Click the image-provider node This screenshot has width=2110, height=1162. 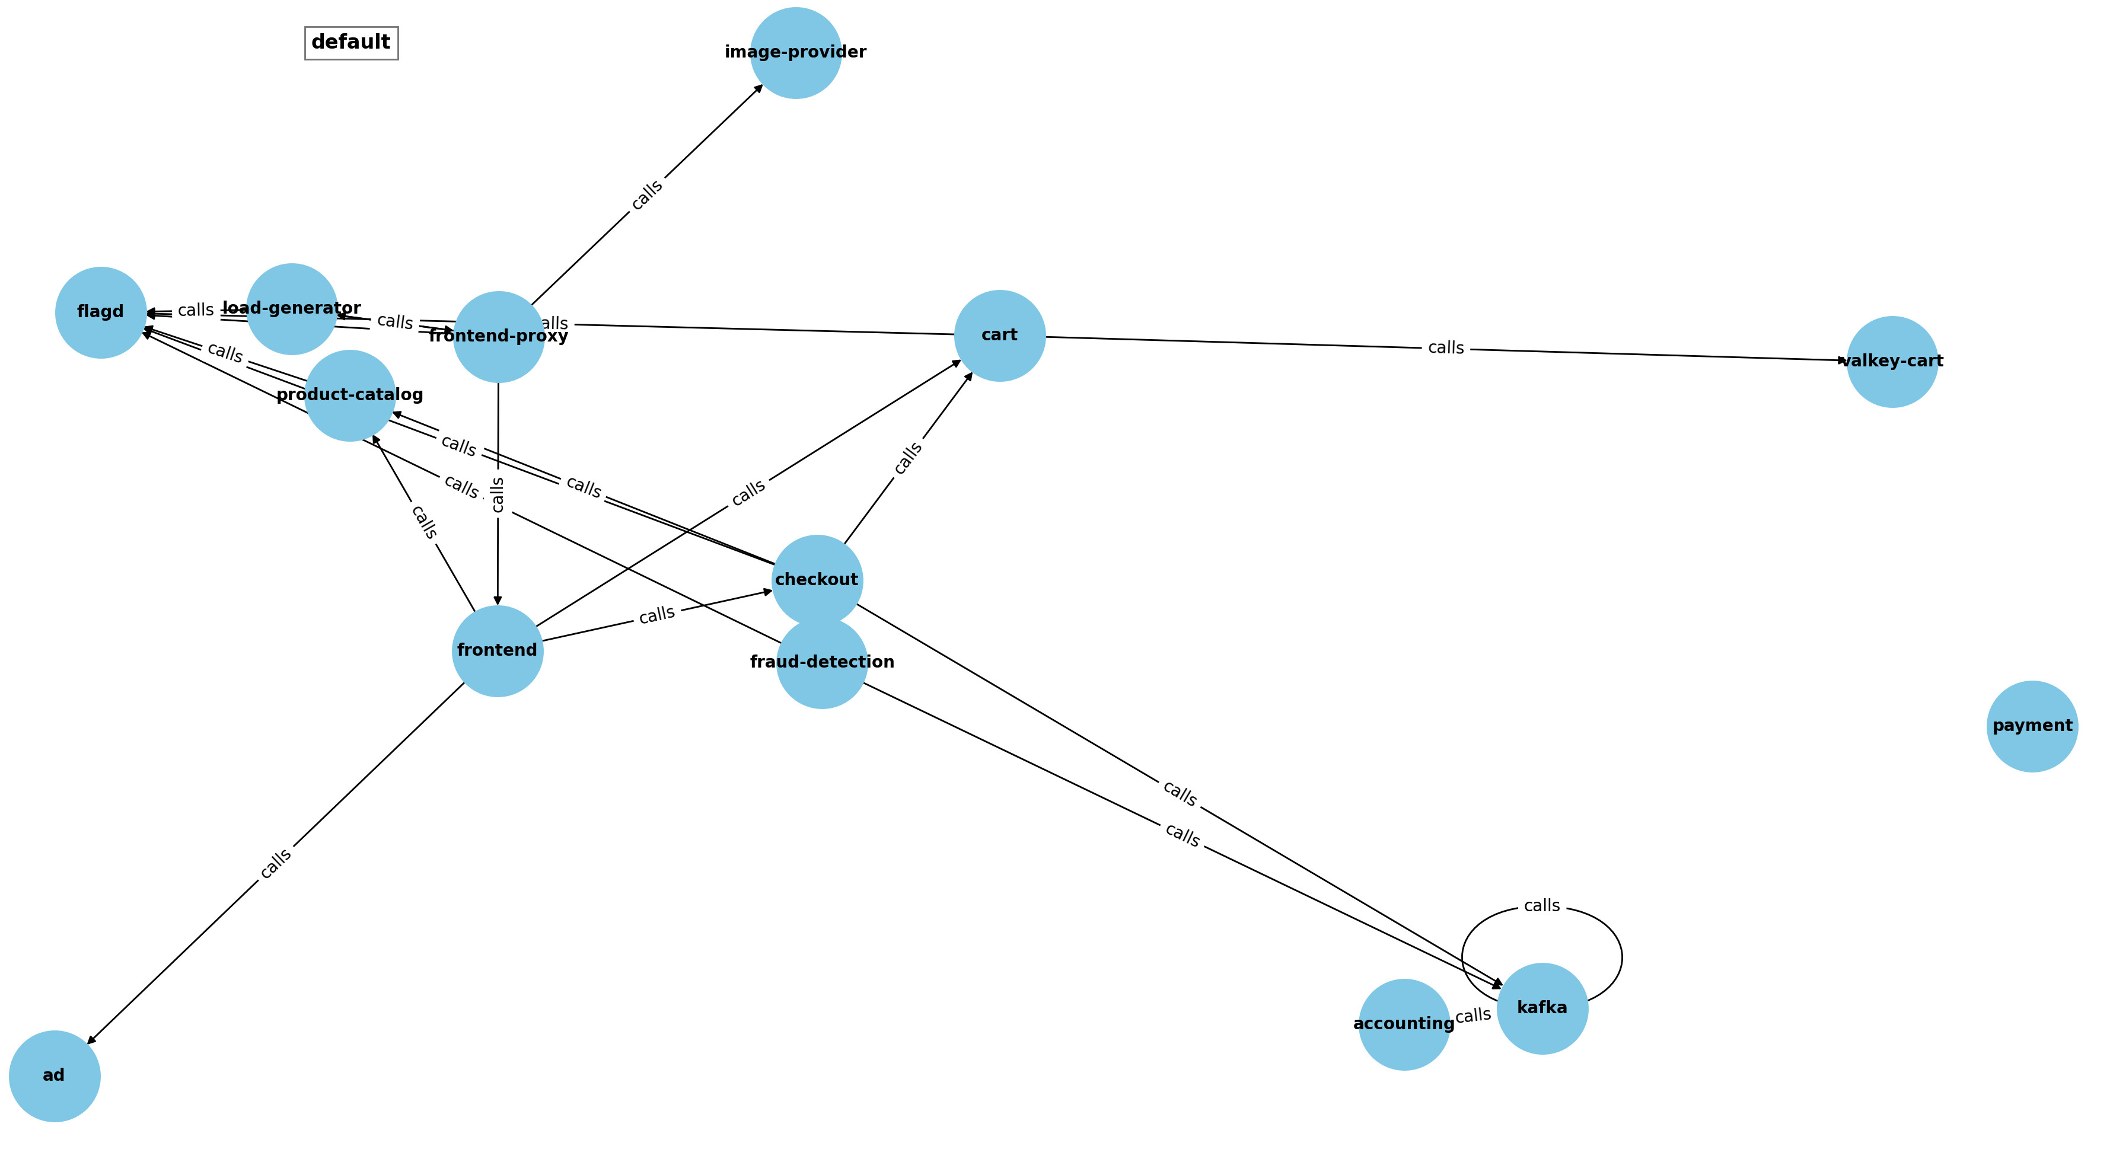[795, 53]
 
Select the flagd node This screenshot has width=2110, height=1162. [101, 313]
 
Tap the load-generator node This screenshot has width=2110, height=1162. [292, 309]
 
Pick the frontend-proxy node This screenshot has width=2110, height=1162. [498, 337]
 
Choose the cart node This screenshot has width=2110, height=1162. [999, 336]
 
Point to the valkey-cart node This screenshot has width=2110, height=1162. [1892, 362]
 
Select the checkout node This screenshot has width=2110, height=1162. [817, 580]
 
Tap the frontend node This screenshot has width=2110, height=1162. [497, 651]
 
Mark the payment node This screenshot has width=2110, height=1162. [2032, 726]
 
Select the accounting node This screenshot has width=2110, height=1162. [1404, 1024]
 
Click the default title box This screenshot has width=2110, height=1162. [352, 43]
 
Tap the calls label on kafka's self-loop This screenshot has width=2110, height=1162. [1541, 906]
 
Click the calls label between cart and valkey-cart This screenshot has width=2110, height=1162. [1446, 348]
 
